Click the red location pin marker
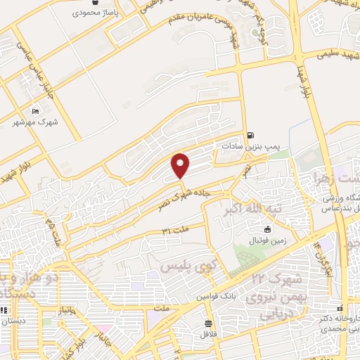(181, 165)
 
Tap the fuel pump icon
(250, 135)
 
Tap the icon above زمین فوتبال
(267, 229)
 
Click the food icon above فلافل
(209, 323)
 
